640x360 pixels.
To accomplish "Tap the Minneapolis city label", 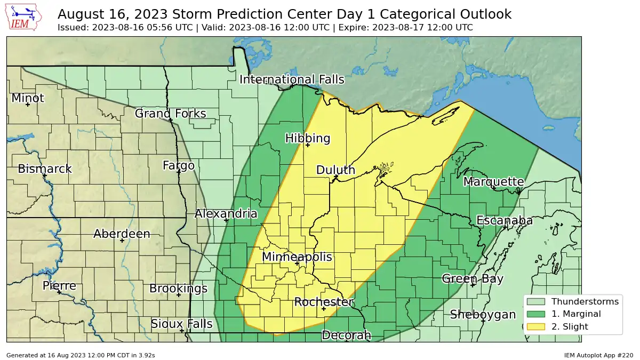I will tap(297, 257).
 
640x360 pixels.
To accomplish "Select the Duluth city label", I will tap(335, 170).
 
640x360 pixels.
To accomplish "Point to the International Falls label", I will tap(292, 79).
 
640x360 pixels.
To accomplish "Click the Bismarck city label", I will tap(44, 169).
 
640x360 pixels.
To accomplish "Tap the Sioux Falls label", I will tap(181, 324).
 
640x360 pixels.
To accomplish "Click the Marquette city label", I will tap(493, 182).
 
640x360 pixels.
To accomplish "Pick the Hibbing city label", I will tap(308, 138).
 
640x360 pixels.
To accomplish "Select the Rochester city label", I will tap(323, 302).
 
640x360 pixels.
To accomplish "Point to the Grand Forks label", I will tap(170, 114).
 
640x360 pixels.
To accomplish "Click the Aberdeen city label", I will tap(122, 234).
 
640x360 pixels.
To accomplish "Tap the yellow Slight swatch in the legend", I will tap(536, 326).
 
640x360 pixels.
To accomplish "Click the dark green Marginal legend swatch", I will tap(536, 314).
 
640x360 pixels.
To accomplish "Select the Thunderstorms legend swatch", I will tap(536, 302).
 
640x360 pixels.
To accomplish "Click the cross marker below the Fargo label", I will tap(178, 172).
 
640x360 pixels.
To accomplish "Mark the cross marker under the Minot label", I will tap(27, 105).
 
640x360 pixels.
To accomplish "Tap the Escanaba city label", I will tap(504, 221).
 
